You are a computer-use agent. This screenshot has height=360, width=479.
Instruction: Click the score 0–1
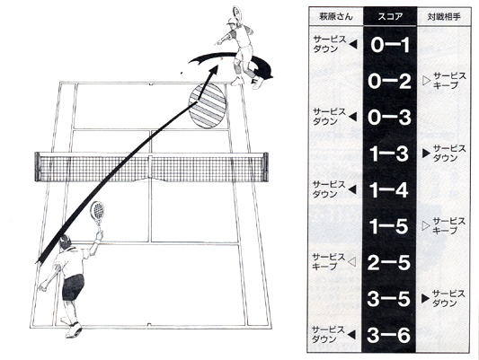[x=390, y=45]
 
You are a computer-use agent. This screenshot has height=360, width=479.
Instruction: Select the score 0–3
[x=389, y=118]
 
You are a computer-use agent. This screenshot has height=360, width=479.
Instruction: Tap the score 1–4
[x=389, y=189]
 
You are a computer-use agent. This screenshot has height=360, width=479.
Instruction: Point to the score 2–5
[x=389, y=262]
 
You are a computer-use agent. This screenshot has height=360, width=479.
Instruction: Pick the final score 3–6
[x=389, y=335]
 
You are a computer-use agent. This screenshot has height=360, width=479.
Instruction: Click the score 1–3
[x=389, y=154]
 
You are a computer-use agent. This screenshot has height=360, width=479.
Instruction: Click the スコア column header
[x=390, y=16]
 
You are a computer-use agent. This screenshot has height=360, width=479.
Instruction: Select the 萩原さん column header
[x=336, y=16]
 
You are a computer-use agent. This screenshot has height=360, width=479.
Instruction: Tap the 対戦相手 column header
[x=444, y=16]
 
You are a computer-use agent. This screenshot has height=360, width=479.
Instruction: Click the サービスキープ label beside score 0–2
[x=449, y=81]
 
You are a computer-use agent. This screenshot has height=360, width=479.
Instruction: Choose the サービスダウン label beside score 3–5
[x=448, y=298]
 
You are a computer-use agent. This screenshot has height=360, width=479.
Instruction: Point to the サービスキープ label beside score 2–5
[x=329, y=262]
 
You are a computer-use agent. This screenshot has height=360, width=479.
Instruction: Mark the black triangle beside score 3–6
[x=352, y=335]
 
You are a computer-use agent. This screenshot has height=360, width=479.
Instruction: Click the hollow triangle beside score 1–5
[x=426, y=225]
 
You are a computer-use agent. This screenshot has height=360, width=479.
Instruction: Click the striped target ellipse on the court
[x=207, y=106]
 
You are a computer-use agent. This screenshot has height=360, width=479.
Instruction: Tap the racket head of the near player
[x=97, y=210]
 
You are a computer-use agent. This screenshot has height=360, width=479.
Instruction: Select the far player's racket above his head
[x=237, y=12]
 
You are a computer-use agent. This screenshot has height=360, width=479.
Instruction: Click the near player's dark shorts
[x=73, y=286]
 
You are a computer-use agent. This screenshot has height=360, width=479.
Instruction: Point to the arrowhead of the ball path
[x=214, y=72]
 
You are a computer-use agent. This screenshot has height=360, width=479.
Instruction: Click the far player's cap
[x=231, y=21]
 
